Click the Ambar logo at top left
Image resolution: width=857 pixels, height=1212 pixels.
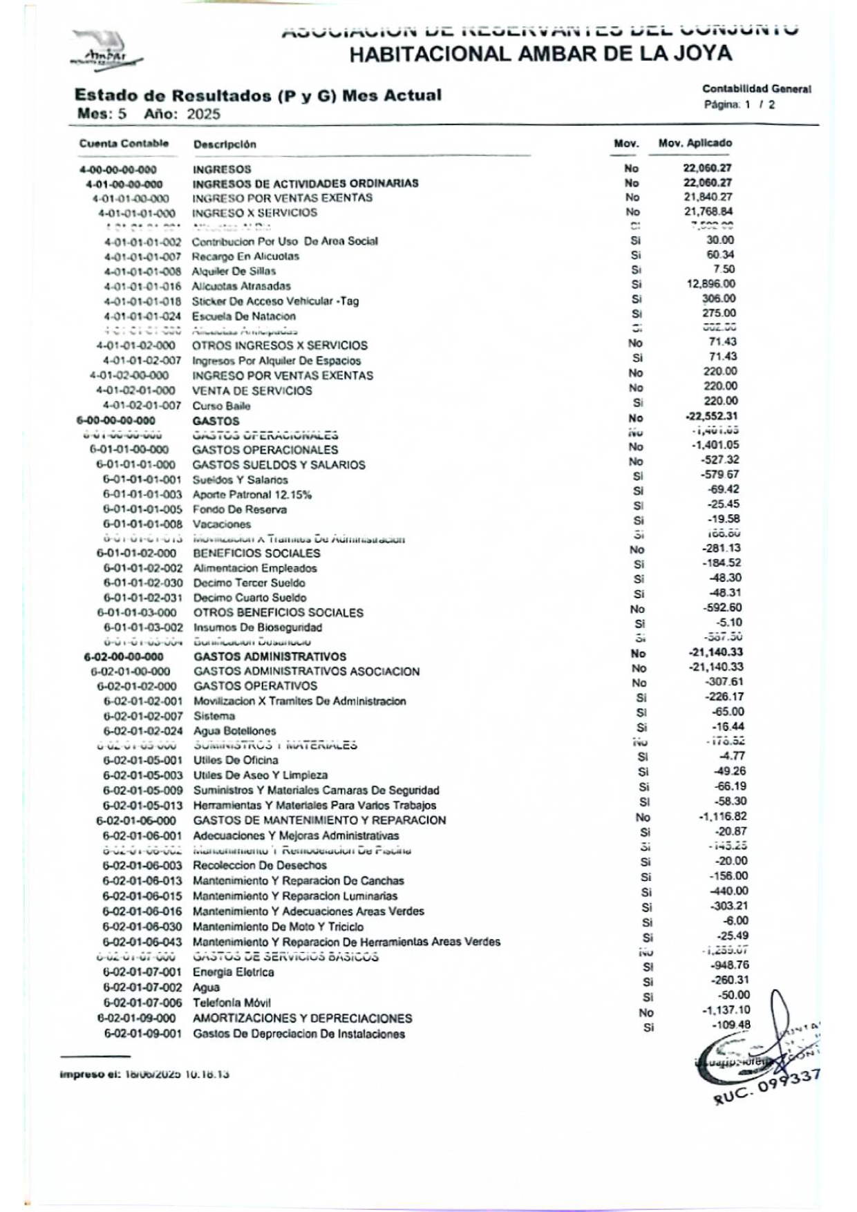click(x=105, y=50)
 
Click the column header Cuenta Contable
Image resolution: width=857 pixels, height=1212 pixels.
click(x=124, y=144)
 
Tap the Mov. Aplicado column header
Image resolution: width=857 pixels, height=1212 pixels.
click(x=695, y=143)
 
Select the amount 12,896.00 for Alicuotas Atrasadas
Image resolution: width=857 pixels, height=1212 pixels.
click(x=710, y=284)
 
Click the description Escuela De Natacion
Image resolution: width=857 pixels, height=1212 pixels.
click(x=243, y=316)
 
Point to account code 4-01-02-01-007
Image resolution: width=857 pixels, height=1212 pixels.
click(x=142, y=406)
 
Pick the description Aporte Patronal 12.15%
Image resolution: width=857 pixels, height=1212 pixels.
click(x=252, y=495)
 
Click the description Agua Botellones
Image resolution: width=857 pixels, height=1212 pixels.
click(x=234, y=731)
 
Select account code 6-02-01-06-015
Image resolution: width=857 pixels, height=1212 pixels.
click(x=142, y=896)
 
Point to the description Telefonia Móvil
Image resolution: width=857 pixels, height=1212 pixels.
click(x=232, y=1003)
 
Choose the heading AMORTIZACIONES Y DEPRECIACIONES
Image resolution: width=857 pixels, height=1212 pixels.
click(x=302, y=1019)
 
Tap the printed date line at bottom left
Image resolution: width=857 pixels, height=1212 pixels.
click(x=144, y=1074)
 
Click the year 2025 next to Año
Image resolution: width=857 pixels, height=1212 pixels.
click(x=203, y=114)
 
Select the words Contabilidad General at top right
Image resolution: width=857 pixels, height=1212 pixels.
click(x=756, y=89)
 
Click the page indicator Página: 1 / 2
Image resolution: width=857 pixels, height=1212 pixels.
click(x=739, y=105)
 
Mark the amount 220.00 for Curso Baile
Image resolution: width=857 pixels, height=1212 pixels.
click(x=720, y=401)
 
